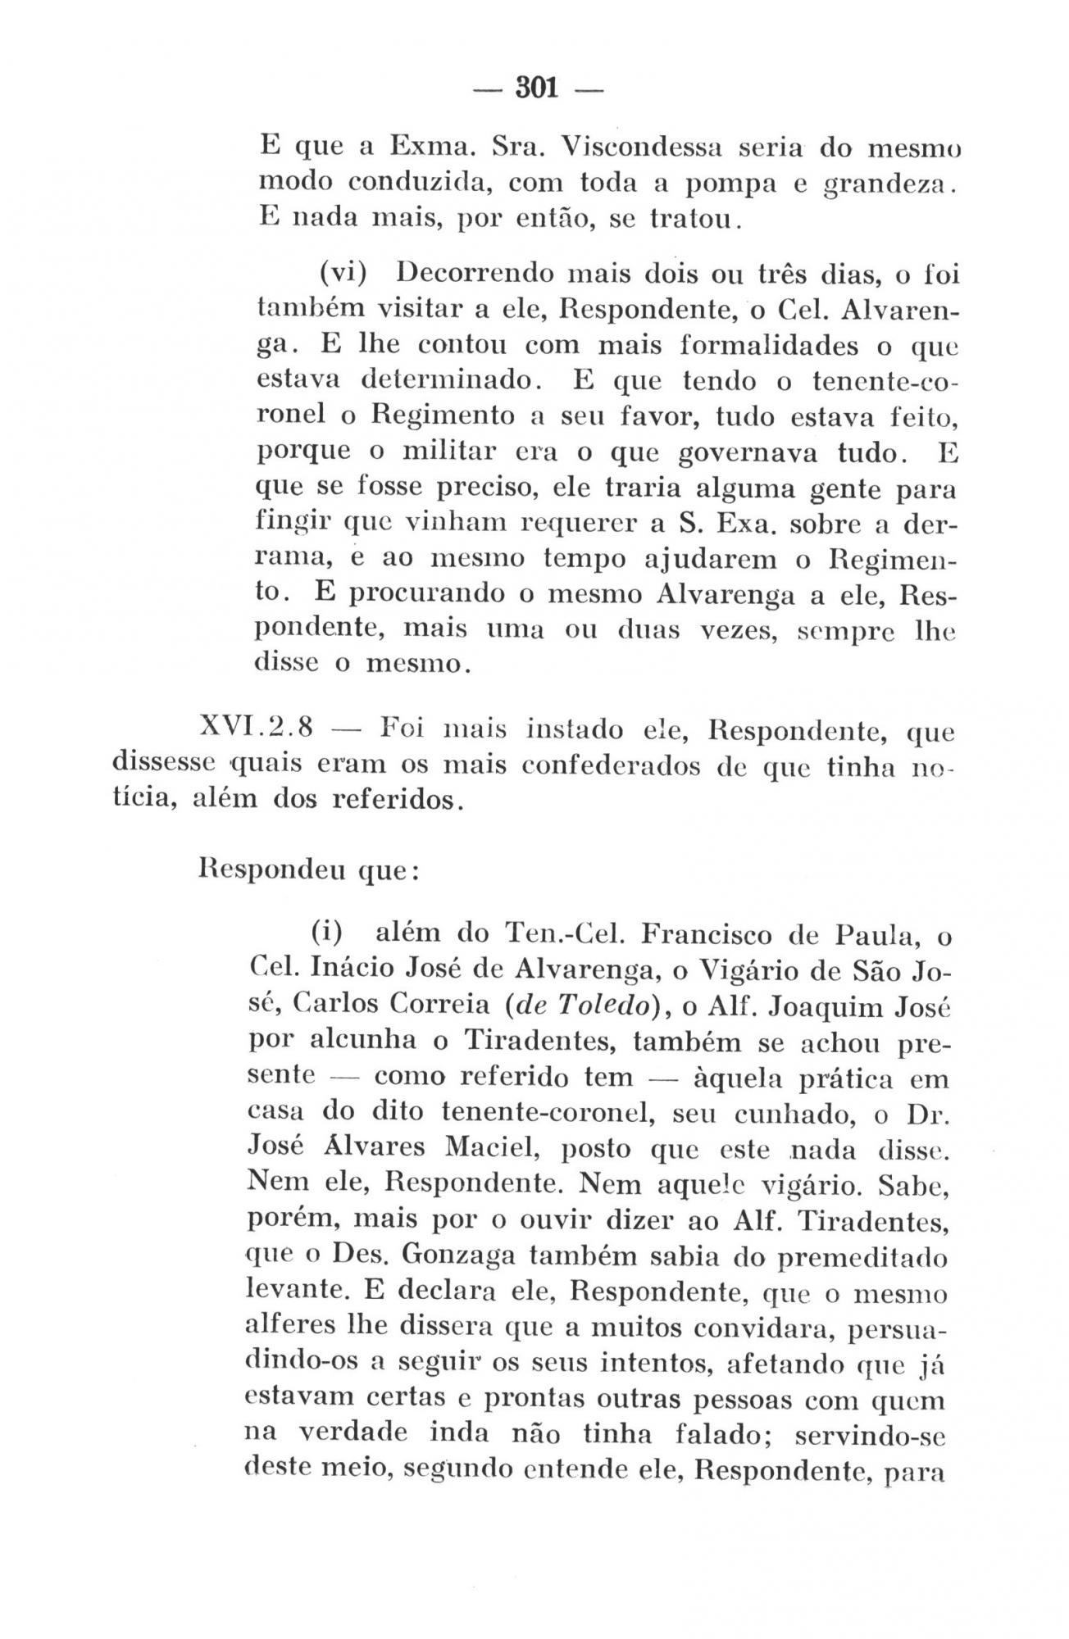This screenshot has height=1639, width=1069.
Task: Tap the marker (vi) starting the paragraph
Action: (343, 272)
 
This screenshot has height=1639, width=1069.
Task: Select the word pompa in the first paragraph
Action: (725, 184)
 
